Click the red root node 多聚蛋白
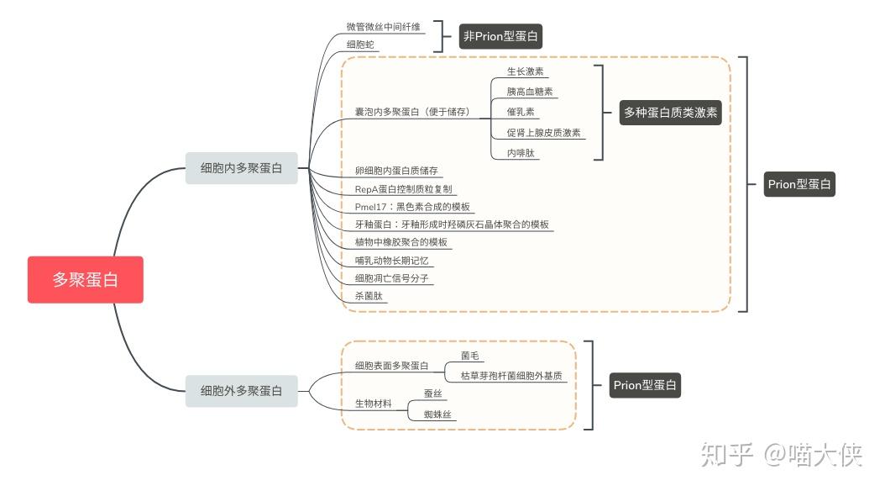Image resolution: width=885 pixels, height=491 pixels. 85,279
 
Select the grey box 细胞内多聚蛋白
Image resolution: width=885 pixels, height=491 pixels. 242,168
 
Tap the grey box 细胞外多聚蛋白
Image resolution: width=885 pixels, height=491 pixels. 242,391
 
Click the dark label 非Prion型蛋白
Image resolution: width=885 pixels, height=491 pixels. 501,36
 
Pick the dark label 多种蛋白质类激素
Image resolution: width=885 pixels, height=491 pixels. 670,112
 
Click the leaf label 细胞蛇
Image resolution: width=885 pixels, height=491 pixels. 360,45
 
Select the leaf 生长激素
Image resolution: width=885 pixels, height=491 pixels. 525,71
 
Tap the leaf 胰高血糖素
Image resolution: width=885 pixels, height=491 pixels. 530,92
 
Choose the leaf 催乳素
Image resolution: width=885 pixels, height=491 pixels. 521,112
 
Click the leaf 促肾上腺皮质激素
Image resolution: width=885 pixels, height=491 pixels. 543,132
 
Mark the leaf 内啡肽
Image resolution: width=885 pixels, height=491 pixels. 521,153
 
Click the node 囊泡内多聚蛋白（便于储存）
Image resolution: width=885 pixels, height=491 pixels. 411,112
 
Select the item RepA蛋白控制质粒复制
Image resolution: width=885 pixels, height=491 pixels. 403,189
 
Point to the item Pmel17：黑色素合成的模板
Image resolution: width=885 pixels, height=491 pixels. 412,207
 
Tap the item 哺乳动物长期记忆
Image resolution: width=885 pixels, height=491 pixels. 391,261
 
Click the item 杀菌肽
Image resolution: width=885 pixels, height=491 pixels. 369,296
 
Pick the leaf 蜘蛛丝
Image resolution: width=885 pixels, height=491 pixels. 439,414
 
